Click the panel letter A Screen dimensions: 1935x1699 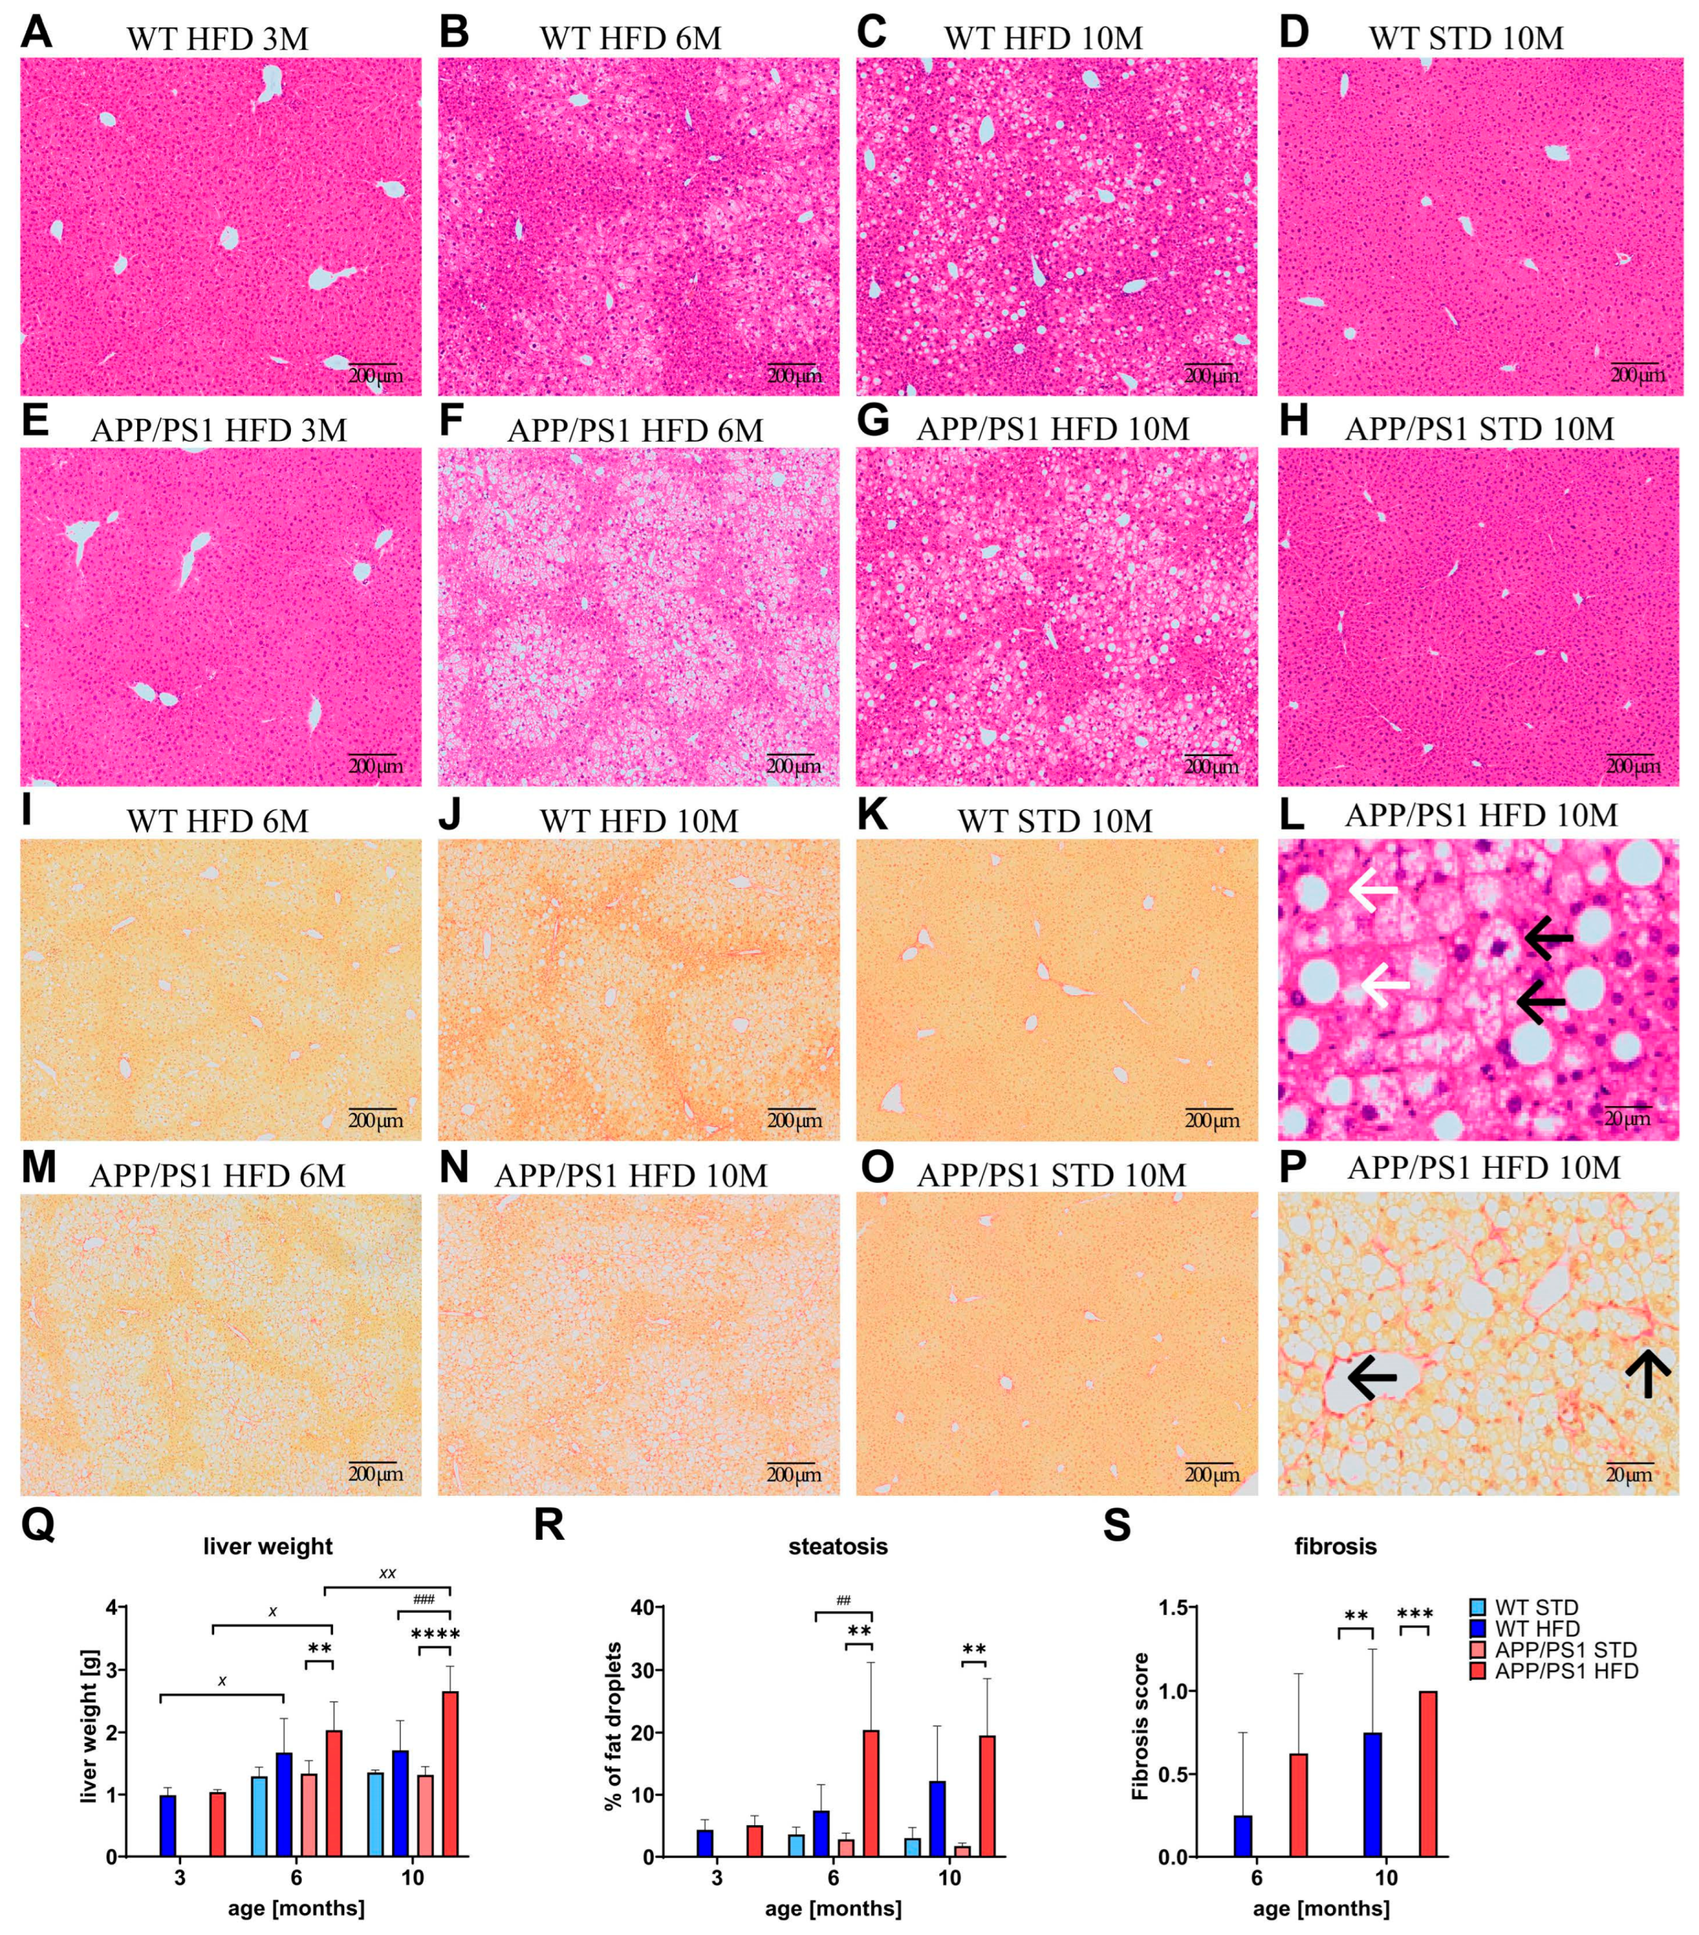tap(36, 33)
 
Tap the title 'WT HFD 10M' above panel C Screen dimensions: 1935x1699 tap(1043, 38)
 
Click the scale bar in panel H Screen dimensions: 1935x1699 tap(1632, 755)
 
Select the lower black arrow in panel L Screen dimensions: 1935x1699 tap(1541, 1002)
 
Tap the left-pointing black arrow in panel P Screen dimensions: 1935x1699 tap(1371, 1377)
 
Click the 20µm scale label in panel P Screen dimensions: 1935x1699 tap(1628, 1475)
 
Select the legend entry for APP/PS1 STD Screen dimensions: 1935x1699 tap(1566, 1650)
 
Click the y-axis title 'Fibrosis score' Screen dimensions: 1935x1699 tap(1141, 1726)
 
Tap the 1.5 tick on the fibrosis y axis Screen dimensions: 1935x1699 tap(1173, 1607)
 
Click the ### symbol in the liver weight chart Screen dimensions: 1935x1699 tap(423, 1600)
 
